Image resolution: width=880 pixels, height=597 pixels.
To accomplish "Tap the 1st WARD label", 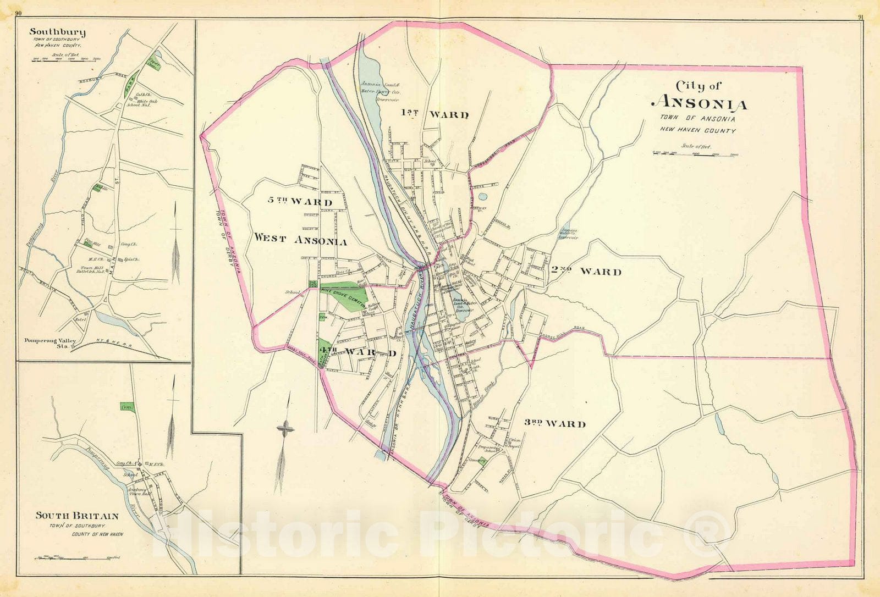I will tap(435, 114).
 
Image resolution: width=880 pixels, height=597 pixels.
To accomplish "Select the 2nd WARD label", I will tap(586, 271).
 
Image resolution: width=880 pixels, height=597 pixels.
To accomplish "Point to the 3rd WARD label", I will tap(554, 423).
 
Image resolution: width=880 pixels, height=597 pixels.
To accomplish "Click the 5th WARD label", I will tap(300, 201).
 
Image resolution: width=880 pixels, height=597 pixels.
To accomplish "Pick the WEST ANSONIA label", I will tap(300, 240).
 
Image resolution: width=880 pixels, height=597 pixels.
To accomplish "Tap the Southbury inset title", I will tap(57, 32).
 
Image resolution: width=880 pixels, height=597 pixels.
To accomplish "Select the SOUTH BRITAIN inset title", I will tap(77, 516).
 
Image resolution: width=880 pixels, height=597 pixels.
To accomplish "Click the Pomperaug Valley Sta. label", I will tap(50, 343).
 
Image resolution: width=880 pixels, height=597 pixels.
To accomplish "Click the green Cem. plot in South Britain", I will tap(127, 407).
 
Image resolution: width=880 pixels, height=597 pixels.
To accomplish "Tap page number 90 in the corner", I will tap(18, 14).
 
